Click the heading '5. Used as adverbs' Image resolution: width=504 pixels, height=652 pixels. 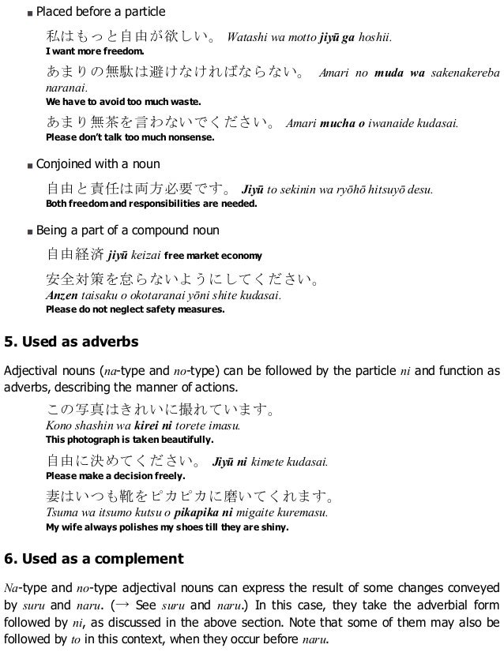pos(71,342)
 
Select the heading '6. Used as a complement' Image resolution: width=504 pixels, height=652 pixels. pos(93,560)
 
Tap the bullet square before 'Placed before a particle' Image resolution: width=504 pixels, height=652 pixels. pos(28,13)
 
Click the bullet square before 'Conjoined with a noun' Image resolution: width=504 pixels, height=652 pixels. pos(28,165)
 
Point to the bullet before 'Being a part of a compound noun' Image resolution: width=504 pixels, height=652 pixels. pos(28,232)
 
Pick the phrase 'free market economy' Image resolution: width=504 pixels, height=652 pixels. pos(212,256)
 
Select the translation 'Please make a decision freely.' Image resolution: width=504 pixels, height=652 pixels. pos(116,476)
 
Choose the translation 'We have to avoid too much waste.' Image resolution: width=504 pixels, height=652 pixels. pos(124,102)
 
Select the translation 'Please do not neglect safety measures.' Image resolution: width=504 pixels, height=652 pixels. pos(135,309)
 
